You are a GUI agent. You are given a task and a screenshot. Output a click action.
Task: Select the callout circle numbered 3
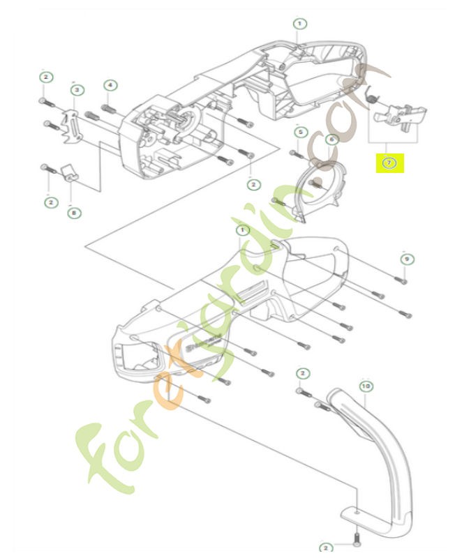[x=77, y=89]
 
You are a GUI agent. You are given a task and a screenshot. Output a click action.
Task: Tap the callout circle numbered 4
[x=110, y=85]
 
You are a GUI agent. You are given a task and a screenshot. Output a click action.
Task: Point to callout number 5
[x=300, y=132]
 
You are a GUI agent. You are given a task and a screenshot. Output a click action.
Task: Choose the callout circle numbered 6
[x=331, y=139]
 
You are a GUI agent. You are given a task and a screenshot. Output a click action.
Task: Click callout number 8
[x=73, y=213]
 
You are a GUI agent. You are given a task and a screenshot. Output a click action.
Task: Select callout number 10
[x=366, y=384]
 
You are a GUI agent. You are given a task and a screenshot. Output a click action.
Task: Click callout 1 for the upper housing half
[x=299, y=23]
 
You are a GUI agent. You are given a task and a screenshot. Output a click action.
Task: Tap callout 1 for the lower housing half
[x=241, y=230]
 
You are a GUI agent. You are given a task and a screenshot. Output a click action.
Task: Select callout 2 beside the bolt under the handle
[x=326, y=548]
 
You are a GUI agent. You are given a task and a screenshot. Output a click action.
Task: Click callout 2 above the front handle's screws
[x=301, y=374]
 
